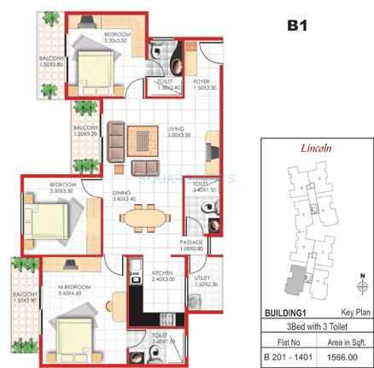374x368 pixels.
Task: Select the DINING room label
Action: point(121,193)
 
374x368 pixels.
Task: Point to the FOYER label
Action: point(202,83)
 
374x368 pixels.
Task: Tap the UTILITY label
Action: point(202,278)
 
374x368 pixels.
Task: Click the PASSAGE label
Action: point(191,243)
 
